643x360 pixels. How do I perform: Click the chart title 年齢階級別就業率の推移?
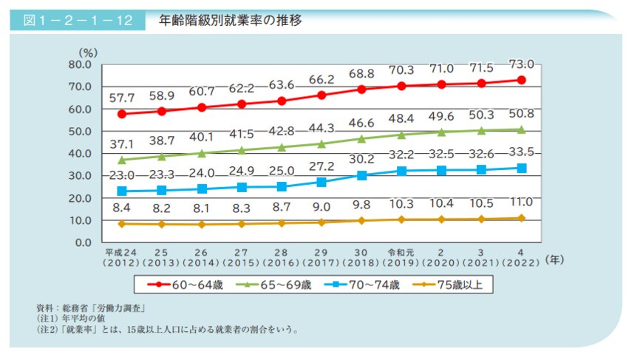pos(230,20)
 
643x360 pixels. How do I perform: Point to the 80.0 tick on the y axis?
pos(78,64)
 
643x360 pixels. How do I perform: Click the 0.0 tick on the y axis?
pos(81,242)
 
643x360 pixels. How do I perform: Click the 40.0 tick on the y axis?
pos(78,154)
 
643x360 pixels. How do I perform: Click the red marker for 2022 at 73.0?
pos(522,80)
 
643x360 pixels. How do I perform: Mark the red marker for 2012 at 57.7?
pos(121,114)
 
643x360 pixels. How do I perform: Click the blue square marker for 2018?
pos(361,175)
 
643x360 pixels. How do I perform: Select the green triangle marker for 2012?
pos(121,159)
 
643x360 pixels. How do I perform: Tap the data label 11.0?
pos(522,202)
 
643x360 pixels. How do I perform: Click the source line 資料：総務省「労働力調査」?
pos(89,307)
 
